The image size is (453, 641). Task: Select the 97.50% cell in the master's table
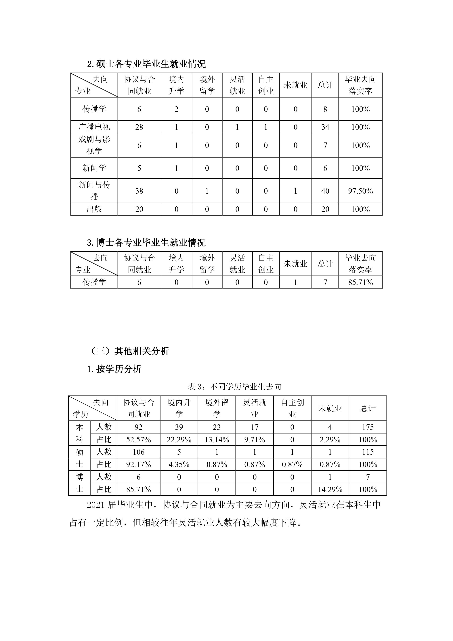click(360, 191)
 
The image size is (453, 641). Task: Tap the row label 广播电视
click(94, 127)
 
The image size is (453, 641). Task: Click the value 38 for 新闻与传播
click(139, 191)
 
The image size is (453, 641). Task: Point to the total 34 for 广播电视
click(325, 127)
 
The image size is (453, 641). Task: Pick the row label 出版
click(94, 209)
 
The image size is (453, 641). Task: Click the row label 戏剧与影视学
click(94, 145)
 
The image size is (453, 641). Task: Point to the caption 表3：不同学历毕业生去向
click(234, 387)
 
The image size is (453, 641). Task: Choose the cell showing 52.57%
click(138, 440)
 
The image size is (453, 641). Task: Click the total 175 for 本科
click(368, 427)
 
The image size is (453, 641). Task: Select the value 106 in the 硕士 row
click(138, 452)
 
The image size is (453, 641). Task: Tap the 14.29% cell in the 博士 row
click(330, 489)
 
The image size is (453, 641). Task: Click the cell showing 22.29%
click(179, 440)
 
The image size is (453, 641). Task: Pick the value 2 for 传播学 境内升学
click(176, 109)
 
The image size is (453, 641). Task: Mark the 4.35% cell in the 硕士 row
click(179, 465)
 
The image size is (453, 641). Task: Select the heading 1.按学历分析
click(114, 369)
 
